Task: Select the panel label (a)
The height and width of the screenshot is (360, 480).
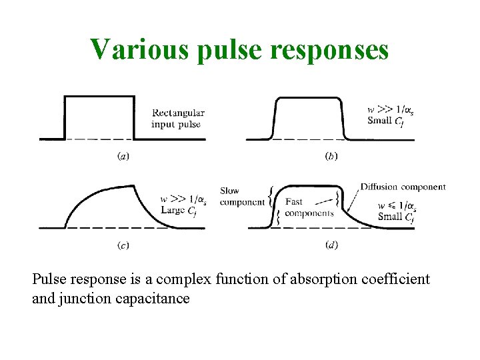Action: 123,156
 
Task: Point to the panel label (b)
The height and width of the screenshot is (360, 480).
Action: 331,156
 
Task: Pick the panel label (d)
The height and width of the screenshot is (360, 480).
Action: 331,245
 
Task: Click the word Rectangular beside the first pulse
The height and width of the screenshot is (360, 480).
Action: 178,113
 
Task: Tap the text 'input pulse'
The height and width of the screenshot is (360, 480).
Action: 175,124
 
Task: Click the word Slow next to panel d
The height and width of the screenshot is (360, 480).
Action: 229,191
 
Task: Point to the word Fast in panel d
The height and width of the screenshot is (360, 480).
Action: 293,202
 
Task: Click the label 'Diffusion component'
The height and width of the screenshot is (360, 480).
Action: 403,187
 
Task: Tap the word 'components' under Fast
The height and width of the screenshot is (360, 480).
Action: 309,213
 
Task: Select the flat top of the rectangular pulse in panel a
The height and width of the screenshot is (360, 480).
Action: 99,97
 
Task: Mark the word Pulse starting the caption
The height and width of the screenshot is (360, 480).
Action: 49,279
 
